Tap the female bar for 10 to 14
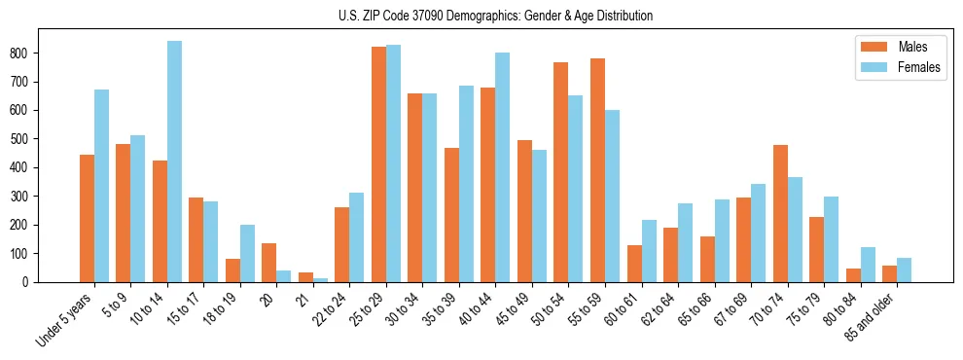tap(174, 162)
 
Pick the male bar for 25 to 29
tap(378, 164)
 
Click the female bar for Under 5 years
tap(101, 186)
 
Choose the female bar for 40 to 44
tap(503, 167)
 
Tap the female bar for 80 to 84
tap(868, 265)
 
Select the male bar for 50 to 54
tap(561, 172)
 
